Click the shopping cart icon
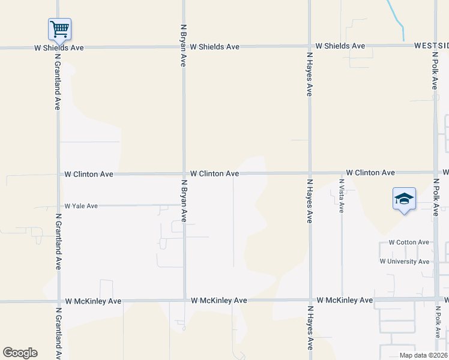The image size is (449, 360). (59, 28)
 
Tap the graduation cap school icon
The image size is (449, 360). (404, 199)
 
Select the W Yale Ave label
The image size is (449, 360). (81, 206)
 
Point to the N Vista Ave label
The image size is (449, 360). (341, 196)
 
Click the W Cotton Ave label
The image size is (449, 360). (409, 242)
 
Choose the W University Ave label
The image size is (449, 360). (404, 262)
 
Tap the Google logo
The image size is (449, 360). (20, 353)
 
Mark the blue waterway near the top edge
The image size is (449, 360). (397, 17)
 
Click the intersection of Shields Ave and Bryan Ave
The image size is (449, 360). (184, 46)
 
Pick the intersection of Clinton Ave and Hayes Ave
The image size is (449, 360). (310, 173)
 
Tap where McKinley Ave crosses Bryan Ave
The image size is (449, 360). (184, 300)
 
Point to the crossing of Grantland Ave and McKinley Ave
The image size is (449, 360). (58, 301)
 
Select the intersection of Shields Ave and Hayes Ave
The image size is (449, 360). (310, 46)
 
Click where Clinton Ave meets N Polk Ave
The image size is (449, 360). (436, 172)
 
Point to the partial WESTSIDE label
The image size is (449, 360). (431, 46)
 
